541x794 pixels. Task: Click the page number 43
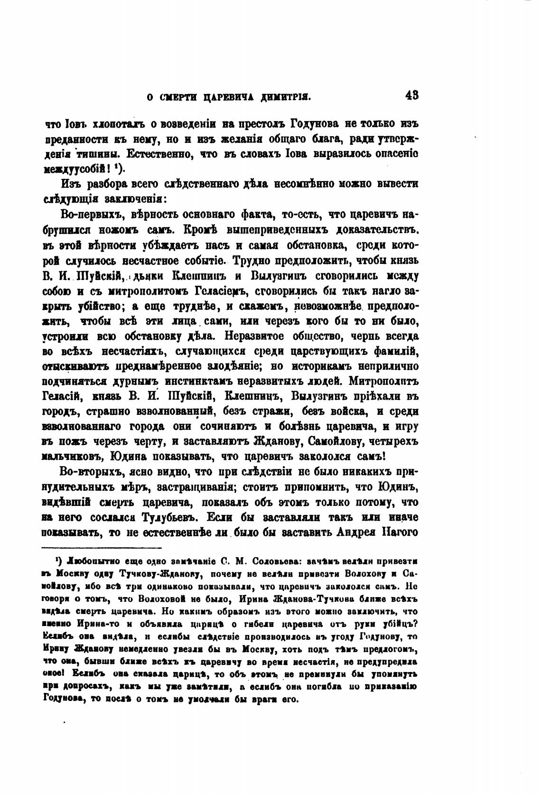411,95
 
